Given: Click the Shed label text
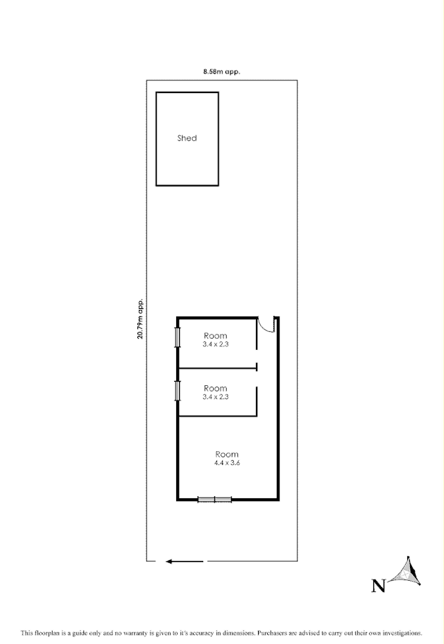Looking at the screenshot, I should click(x=187, y=138).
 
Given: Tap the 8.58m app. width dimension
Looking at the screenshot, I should click(x=221, y=71).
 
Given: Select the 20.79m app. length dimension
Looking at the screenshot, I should click(x=141, y=319).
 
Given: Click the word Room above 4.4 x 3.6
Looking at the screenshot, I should click(x=227, y=454).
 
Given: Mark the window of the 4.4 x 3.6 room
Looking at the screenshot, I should click(x=214, y=499).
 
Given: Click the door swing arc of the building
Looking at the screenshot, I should click(x=266, y=325).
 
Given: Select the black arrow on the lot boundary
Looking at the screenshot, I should click(x=185, y=561).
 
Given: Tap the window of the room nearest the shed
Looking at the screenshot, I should click(x=178, y=337).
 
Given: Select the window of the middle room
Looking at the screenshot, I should click(x=178, y=390).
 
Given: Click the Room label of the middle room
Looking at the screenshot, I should click(x=216, y=388).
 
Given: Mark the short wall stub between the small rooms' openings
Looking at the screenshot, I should click(x=257, y=367).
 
